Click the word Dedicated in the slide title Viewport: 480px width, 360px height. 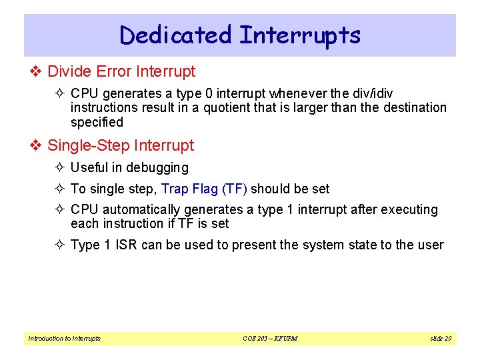(x=175, y=35)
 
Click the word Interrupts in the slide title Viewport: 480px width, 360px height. (x=299, y=35)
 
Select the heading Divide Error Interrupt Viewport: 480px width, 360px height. (x=121, y=71)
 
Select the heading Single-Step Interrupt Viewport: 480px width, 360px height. (x=121, y=145)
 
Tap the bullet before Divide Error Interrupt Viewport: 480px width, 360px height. (x=37, y=71)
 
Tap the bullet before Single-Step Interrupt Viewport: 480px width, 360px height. (x=37, y=145)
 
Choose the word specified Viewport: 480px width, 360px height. (x=97, y=122)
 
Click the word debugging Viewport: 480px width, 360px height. (x=157, y=168)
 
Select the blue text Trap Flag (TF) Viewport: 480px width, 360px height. (x=204, y=189)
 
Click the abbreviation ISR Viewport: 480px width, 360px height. (x=127, y=245)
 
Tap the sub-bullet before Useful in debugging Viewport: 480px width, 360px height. (x=61, y=168)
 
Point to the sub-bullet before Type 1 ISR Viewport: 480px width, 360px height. (x=61, y=245)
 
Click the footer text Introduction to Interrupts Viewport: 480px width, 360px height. (x=64, y=339)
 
